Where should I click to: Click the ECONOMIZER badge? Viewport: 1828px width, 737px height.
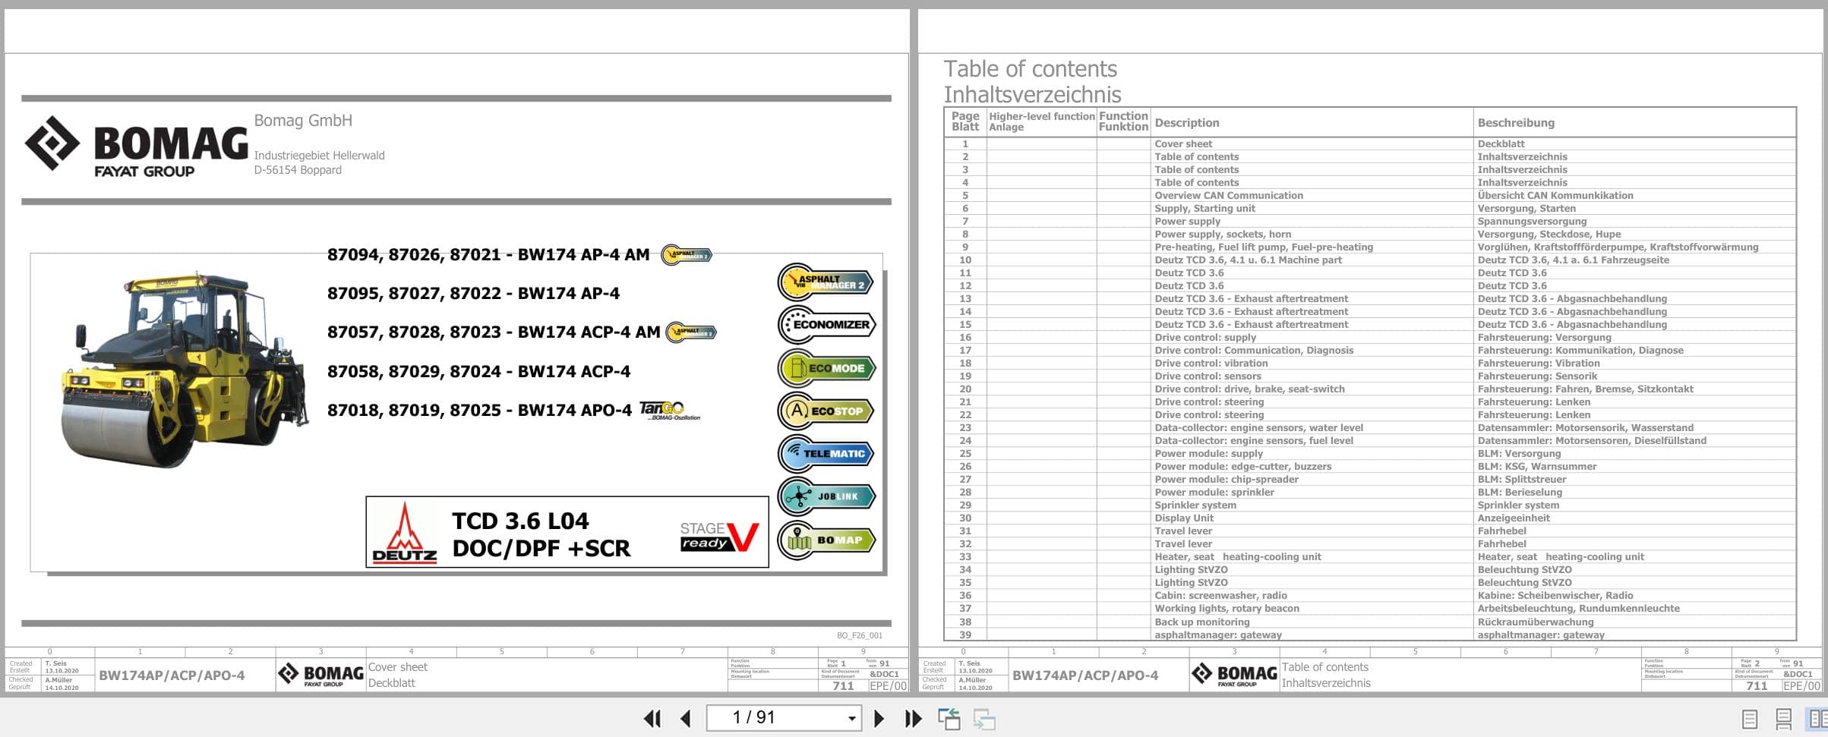click(826, 325)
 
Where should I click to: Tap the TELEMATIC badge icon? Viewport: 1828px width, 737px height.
click(826, 454)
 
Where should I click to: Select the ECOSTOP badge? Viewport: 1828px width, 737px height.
click(826, 411)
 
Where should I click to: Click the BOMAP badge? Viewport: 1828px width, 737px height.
click(826, 540)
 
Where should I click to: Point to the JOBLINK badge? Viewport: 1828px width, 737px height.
click(826, 497)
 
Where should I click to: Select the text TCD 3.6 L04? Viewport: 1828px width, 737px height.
click(520, 521)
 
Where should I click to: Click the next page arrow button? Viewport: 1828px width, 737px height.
click(879, 718)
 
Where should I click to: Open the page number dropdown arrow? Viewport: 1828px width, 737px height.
click(851, 718)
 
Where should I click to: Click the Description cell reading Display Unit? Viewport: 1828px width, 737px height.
click(1184, 518)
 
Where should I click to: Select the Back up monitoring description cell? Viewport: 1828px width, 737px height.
click(1201, 622)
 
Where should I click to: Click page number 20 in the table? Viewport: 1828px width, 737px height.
click(965, 389)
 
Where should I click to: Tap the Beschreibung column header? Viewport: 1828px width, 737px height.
click(1515, 123)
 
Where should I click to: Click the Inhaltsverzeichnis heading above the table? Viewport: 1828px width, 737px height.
click(1031, 95)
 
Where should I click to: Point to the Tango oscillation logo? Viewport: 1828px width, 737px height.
click(668, 411)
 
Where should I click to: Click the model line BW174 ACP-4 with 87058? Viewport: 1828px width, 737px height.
click(478, 372)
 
